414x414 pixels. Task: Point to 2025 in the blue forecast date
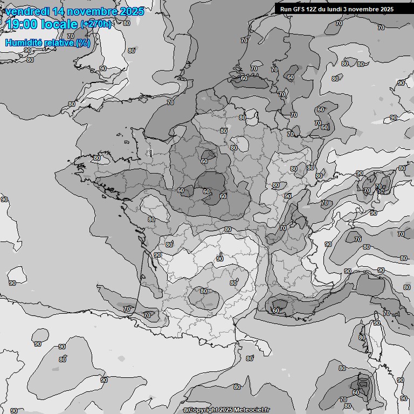132,11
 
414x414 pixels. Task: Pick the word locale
60,24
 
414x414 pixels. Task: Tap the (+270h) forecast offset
96,24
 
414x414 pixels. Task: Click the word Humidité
24,43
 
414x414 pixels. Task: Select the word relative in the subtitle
59,43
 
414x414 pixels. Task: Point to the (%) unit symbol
83,43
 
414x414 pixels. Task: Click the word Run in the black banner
286,9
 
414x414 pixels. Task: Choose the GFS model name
299,9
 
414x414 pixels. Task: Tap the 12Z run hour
314,9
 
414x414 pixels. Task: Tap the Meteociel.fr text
253,410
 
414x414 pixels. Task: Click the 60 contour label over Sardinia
355,392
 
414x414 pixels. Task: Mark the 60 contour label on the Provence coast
276,310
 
